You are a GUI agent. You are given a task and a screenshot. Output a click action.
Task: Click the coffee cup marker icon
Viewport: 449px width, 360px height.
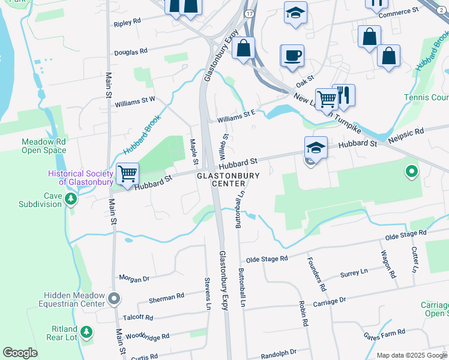tap(292, 55)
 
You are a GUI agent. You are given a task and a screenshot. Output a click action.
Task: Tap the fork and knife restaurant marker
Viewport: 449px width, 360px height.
tap(344, 95)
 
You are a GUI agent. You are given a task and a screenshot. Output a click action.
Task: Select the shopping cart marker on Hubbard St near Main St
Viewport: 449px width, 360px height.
tap(128, 174)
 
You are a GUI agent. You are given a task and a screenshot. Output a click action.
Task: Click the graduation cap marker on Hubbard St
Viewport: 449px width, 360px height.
tap(316, 146)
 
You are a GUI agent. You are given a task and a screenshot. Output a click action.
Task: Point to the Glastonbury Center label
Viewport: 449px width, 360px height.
tap(228, 179)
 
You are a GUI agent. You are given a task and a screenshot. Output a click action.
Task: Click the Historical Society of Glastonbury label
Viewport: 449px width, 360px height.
tap(81, 178)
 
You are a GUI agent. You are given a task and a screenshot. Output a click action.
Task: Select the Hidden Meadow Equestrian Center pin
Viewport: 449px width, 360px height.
tap(115, 298)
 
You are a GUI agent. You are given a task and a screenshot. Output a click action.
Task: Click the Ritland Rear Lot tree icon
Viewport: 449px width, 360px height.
tap(86, 331)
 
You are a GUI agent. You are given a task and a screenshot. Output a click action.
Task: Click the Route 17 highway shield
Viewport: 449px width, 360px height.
tap(249, 13)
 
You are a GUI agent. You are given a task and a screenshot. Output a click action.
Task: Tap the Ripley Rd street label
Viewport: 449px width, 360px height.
tap(127, 22)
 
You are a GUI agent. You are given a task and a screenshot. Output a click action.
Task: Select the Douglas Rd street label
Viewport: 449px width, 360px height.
tap(131, 52)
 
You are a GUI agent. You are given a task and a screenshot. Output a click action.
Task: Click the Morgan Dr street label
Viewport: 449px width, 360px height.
tap(134, 279)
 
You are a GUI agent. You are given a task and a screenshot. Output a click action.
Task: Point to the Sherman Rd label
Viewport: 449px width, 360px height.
tap(166, 297)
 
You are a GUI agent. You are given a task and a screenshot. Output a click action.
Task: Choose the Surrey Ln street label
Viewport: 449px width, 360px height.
tap(354, 273)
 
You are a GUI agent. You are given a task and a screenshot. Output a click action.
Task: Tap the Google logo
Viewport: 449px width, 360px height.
tap(20, 353)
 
